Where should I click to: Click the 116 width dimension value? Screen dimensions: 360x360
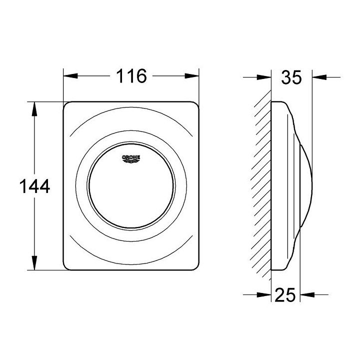tap(131, 76)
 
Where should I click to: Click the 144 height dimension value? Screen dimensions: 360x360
tap(34, 187)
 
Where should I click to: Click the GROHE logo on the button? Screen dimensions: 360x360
tap(131, 158)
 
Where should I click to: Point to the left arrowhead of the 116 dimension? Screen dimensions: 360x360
tap(70, 76)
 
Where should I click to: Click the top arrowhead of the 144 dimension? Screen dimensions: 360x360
tap(34, 109)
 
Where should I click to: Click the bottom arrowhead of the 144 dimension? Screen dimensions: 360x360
tap(34, 264)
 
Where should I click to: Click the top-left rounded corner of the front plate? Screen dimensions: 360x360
tap(67, 106)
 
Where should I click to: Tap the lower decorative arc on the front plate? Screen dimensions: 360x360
tap(131, 260)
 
